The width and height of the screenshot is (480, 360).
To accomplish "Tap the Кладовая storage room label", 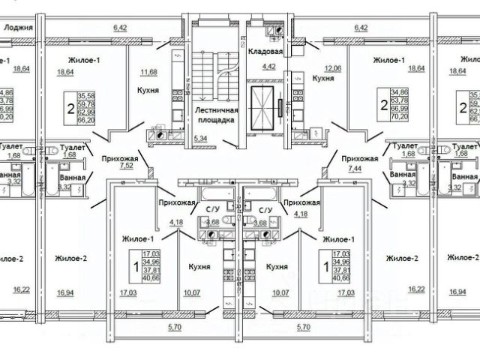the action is click(268, 52).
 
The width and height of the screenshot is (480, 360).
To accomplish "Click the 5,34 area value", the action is click(200, 139).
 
